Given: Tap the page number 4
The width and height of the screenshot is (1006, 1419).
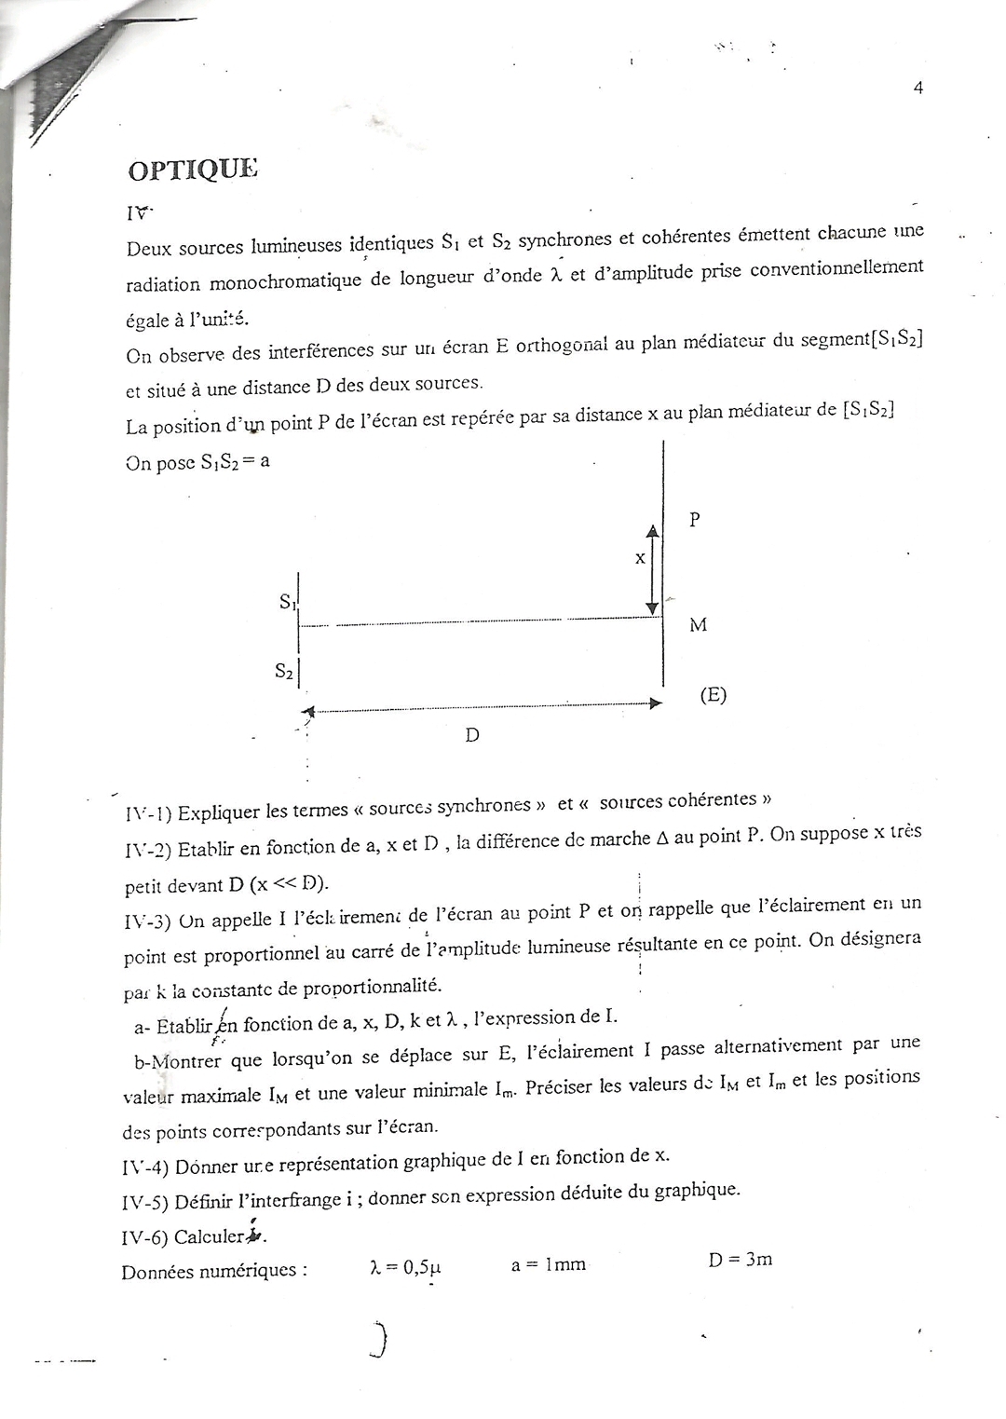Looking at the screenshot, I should point(918,88).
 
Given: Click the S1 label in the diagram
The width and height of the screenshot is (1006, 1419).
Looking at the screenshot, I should point(287,603).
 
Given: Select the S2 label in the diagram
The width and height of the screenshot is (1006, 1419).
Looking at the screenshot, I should point(285,671).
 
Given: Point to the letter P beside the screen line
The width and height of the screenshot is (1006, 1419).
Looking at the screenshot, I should point(694,520).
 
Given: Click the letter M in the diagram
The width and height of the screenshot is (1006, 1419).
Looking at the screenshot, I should point(698,625).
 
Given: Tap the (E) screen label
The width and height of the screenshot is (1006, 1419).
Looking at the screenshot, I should point(714,694).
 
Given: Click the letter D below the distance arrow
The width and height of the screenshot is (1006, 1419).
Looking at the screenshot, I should point(472,735).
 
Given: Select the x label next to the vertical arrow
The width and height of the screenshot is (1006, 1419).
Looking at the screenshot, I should point(640,558).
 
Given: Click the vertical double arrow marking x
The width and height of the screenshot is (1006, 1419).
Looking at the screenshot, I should point(652,569).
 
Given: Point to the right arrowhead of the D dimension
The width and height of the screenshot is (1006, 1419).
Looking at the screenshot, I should point(656,703).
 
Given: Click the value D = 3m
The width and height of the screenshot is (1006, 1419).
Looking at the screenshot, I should point(740,1260).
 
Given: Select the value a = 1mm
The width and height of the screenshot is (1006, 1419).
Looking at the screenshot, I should point(549,1264).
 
